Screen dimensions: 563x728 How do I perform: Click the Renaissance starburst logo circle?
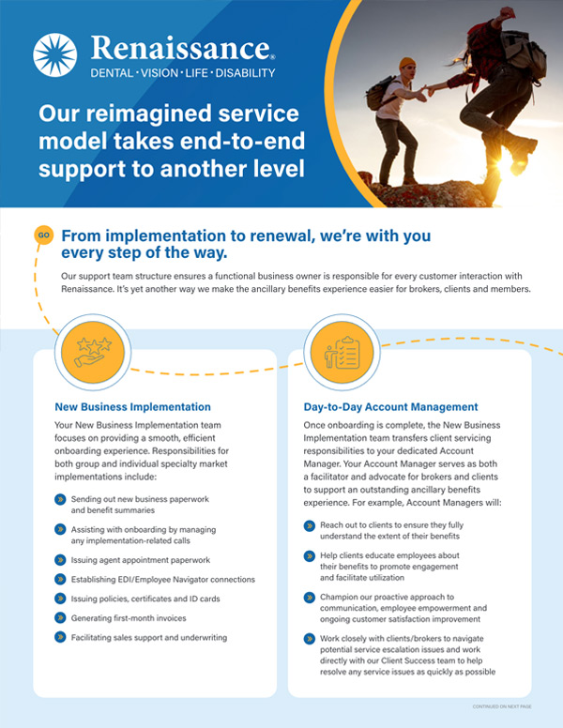[x=54, y=54]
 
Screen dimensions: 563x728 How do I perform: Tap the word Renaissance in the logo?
[x=180, y=48]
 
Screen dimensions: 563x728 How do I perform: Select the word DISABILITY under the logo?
[x=245, y=73]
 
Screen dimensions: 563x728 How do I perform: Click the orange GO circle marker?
[x=44, y=235]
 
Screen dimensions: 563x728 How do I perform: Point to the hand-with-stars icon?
[x=94, y=353]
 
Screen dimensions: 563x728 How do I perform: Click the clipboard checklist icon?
[x=342, y=353]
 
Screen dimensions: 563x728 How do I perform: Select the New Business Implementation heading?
[x=133, y=407]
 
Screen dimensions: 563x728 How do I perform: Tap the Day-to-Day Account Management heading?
[x=390, y=407]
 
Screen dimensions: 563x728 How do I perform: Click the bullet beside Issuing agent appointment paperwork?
[x=60, y=560]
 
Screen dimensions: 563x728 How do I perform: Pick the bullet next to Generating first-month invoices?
[x=60, y=618]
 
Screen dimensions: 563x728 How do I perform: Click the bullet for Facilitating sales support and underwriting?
[x=60, y=637]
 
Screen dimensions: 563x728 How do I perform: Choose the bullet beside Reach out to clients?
[x=310, y=525]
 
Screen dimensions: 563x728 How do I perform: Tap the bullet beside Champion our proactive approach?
[x=310, y=598]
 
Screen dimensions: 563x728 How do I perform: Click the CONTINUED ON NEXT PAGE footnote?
[x=502, y=706]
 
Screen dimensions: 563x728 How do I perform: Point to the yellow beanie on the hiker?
[x=407, y=63]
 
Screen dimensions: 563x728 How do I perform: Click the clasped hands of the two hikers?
[x=425, y=91]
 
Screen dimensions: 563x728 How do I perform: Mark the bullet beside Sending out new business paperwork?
[x=60, y=500]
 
